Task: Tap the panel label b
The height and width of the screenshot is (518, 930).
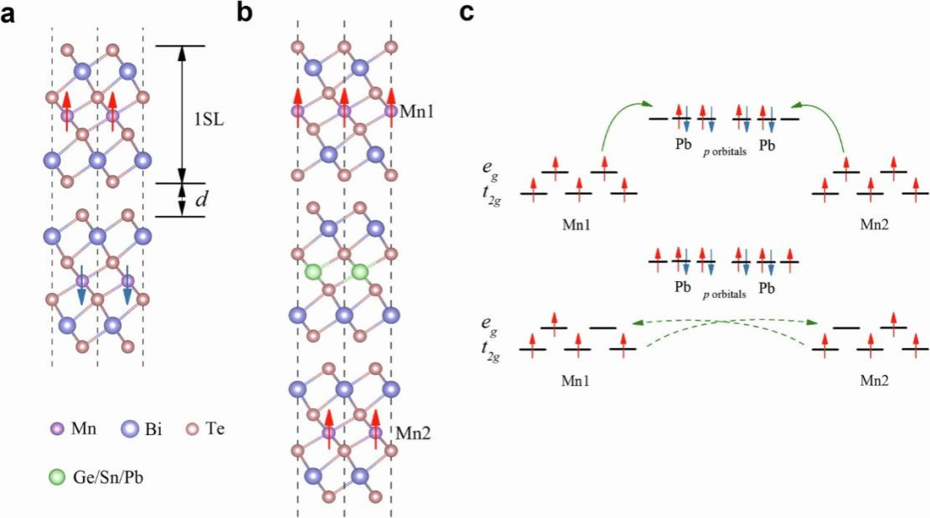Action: (x=244, y=12)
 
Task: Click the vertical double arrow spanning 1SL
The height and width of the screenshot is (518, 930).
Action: (x=180, y=114)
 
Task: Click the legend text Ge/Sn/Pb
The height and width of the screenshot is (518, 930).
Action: (x=104, y=479)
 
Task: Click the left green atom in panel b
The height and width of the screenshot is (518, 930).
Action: (x=313, y=272)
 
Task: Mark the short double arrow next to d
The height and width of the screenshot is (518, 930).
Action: (x=180, y=200)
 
